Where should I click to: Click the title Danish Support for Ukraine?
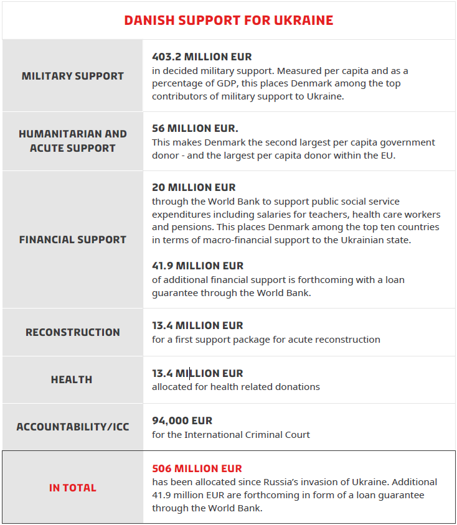(x=228, y=21)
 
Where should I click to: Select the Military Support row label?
(x=73, y=76)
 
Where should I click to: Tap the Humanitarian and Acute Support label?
(x=73, y=141)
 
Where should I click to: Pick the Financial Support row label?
(x=73, y=239)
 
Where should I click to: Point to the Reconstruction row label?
(x=73, y=332)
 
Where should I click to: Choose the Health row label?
(x=72, y=379)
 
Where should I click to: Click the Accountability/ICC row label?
(x=73, y=427)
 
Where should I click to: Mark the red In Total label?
(x=73, y=488)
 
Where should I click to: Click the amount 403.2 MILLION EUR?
(x=202, y=57)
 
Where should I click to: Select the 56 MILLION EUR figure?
(x=195, y=128)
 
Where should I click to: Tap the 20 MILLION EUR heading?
(x=194, y=187)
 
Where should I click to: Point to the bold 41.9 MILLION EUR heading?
(x=197, y=266)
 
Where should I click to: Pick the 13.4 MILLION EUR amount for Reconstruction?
(x=197, y=325)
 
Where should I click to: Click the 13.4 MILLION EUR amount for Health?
(x=197, y=373)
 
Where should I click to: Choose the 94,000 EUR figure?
(x=182, y=420)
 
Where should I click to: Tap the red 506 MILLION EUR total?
(x=197, y=468)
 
